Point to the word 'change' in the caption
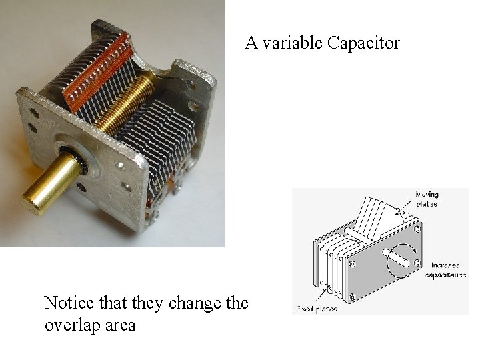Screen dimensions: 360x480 pos(197,304)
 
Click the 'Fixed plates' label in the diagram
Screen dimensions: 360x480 pos(316,310)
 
